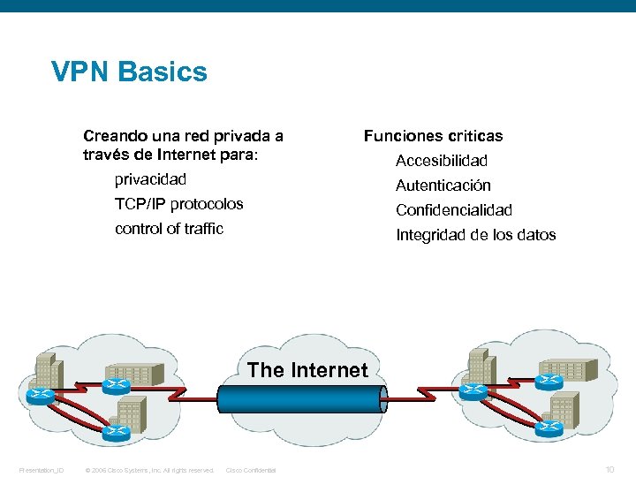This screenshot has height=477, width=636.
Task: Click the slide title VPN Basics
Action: tap(129, 72)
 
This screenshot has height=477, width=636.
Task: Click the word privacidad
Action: tap(150, 179)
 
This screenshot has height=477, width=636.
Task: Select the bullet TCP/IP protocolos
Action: tap(178, 204)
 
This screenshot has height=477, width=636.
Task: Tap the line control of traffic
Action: tap(169, 229)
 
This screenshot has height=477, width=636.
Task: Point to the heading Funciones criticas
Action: tap(433, 136)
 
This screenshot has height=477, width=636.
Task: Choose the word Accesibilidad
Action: tap(441, 161)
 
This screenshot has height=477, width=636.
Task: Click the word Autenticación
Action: tap(443, 185)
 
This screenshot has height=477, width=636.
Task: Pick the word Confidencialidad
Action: tap(453, 210)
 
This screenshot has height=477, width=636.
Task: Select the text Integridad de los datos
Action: tap(475, 235)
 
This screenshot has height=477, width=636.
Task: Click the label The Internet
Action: tap(307, 370)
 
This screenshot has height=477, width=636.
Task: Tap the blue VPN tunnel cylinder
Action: tap(300, 398)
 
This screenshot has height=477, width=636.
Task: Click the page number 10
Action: tap(609, 469)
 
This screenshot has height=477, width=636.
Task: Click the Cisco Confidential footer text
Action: tap(251, 470)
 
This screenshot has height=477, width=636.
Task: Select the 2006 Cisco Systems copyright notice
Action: tap(148, 470)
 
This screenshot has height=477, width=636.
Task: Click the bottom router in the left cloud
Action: tap(116, 431)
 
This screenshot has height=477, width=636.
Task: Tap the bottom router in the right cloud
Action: tap(550, 427)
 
